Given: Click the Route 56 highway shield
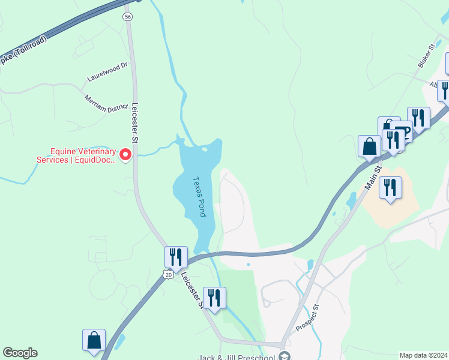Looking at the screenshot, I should click(x=128, y=17).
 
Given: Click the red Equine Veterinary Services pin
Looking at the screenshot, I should click(x=125, y=155).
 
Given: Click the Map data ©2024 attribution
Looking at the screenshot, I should click(x=423, y=355).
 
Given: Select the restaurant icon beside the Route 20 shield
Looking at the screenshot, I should click(x=176, y=257).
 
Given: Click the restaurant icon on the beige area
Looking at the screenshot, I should click(x=391, y=188).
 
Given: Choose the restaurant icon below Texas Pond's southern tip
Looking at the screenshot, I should click(x=214, y=297).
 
